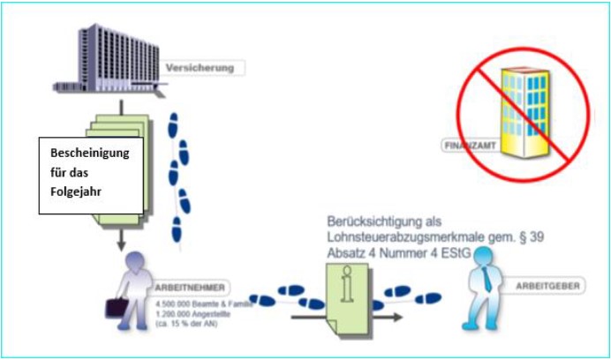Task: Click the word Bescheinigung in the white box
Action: pos(89,153)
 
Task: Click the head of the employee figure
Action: pos(134,262)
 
